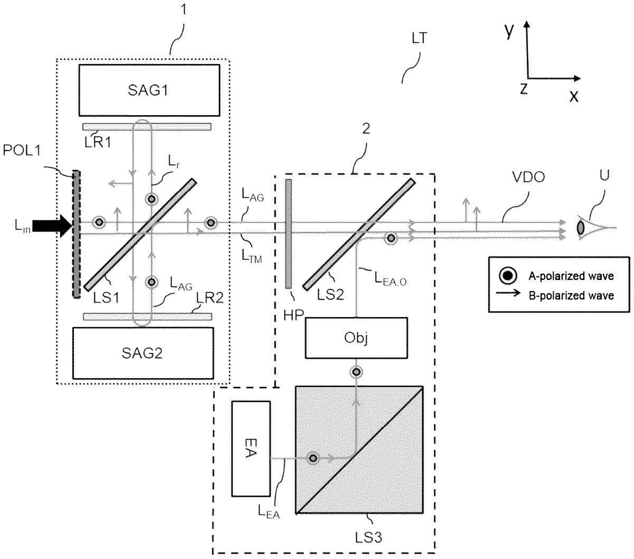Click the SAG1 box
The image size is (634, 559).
coord(149,90)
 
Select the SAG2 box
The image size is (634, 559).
coord(143,353)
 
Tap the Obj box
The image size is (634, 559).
coord(356,338)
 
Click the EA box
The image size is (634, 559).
coord(250,449)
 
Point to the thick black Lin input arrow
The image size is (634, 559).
coord(52,226)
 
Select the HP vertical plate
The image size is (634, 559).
coord(288,234)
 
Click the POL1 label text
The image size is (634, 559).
coord(22,151)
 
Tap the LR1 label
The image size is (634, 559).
coord(98,143)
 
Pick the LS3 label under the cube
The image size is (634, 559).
coord(368,538)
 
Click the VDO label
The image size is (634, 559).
coord(528,177)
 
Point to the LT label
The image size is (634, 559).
coord(419,38)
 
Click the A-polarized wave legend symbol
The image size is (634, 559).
coord(508,276)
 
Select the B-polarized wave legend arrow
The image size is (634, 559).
coord(508,293)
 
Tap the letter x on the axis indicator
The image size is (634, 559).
coord(574,96)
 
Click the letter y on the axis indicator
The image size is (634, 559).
coord(510,31)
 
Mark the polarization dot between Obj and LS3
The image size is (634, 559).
coord(356,372)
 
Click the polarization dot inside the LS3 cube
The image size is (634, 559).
coord(313,458)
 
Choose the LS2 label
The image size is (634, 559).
coord(330,294)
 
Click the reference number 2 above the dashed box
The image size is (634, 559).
coord(366,128)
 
